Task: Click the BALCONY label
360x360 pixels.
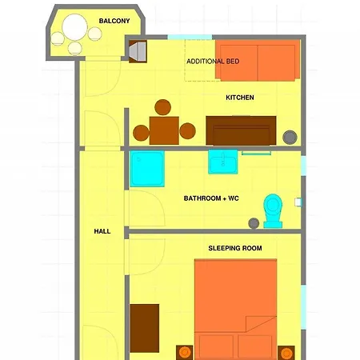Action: [114, 21]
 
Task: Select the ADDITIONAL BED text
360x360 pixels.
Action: [212, 62]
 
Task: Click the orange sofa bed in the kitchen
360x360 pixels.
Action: [258, 62]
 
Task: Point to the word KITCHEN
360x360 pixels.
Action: [240, 98]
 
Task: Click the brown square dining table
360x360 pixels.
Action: [164, 130]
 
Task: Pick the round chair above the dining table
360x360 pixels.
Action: [163, 107]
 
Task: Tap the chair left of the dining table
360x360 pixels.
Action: [141, 132]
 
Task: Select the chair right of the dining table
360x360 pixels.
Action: [188, 132]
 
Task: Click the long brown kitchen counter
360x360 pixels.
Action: [241, 130]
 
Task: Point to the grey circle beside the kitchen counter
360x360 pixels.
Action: [289, 136]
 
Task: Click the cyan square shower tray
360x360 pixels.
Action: [147, 169]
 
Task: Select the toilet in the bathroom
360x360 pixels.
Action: [272, 210]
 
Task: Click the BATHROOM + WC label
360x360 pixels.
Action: [211, 198]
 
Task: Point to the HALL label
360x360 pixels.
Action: [102, 231]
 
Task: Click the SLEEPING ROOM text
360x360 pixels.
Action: [235, 248]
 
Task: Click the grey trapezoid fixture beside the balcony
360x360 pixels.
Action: [137, 51]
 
